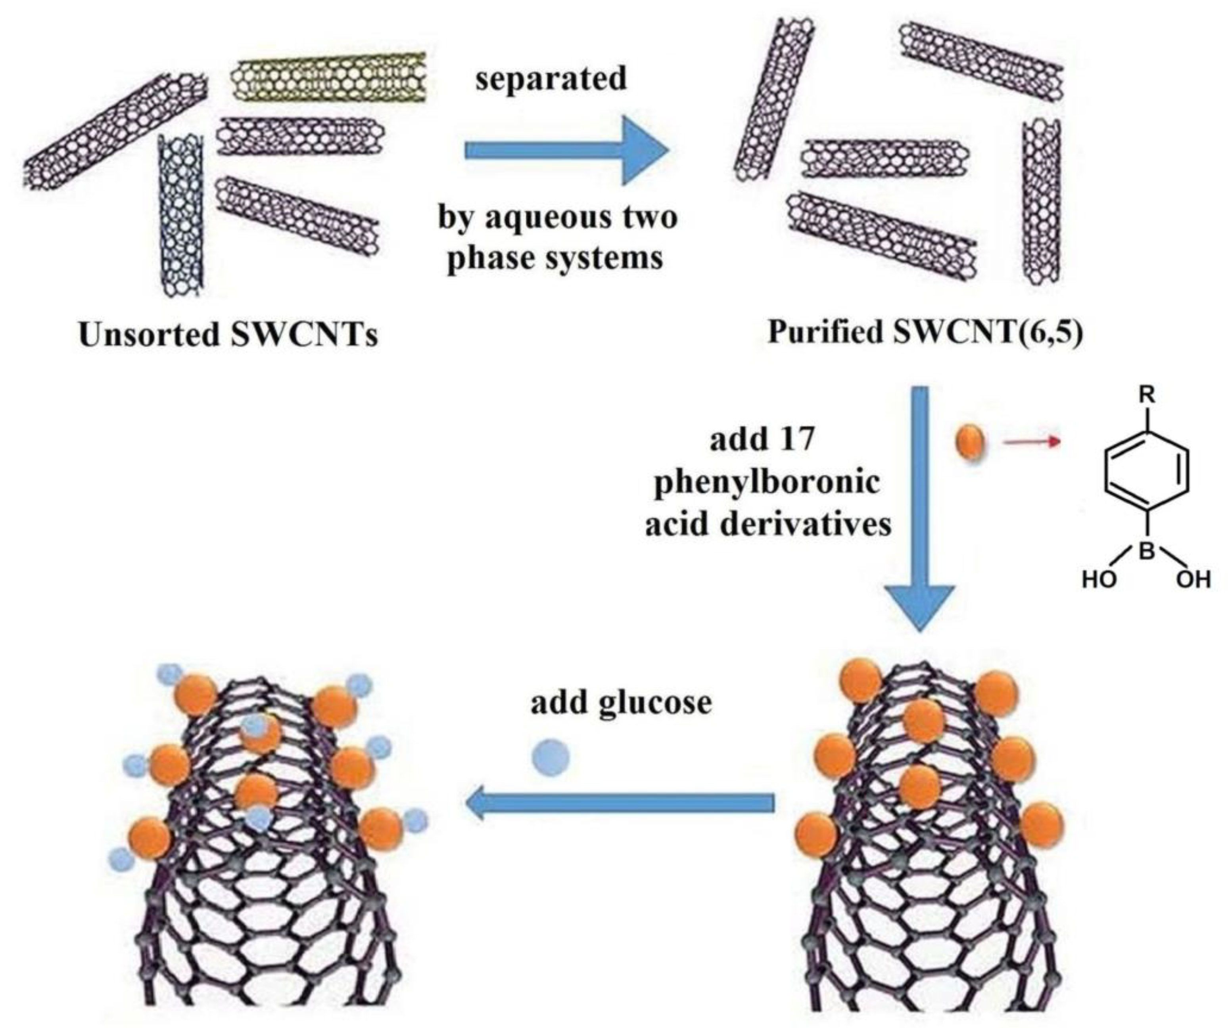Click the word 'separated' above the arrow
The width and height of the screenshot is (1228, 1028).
tap(551, 79)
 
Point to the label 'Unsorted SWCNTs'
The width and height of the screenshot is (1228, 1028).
tap(228, 335)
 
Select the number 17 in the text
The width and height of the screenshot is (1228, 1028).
tap(794, 438)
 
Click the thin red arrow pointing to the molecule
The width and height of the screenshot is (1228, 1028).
tap(1032, 442)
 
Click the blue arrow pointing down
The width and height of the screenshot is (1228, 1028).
tap(920, 508)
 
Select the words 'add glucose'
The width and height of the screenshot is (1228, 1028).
tap(621, 703)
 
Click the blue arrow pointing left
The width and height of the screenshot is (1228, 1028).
tap(620, 803)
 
